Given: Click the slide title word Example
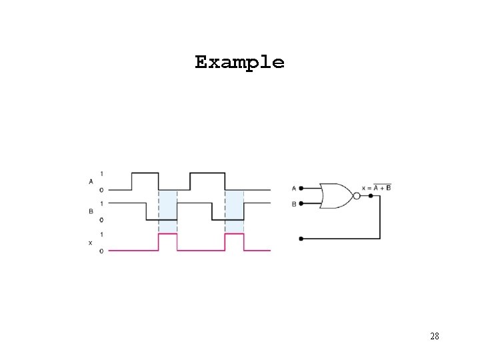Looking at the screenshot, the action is tap(239, 63).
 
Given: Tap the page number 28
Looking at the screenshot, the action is tap(434, 336).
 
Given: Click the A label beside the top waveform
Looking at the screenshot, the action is tap(91, 181).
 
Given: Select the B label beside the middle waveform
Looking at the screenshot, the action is tap(91, 211).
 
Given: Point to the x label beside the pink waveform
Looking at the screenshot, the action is tap(91, 243).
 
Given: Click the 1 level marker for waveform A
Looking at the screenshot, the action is tap(101, 173).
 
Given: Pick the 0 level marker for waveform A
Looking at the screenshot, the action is tap(101, 190).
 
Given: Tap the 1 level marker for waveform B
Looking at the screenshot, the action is tap(101, 203).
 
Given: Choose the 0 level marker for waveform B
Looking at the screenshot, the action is tap(101, 220).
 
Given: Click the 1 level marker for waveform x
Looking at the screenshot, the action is tap(101, 235).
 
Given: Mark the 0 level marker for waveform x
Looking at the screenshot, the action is tap(101, 251).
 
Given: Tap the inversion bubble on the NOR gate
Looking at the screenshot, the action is tap(356, 196).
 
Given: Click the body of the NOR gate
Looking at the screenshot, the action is tap(335, 196).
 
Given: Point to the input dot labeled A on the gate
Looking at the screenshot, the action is tap(302, 188).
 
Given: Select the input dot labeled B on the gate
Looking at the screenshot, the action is tap(302, 204).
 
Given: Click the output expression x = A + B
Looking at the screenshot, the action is tap(377, 187).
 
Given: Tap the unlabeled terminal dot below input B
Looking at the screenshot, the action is tap(302, 238).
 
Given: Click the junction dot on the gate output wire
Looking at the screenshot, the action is tap(370, 196).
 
